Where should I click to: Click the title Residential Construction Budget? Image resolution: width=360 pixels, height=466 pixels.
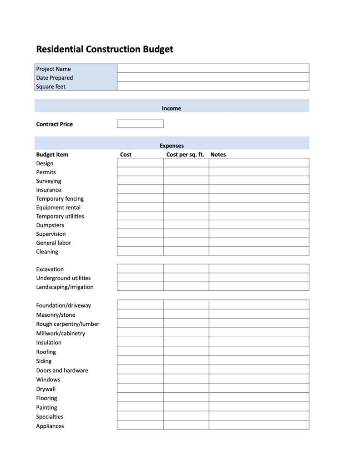104,49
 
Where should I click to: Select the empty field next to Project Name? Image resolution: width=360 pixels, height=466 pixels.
213,69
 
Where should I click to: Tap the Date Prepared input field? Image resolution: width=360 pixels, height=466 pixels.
213,77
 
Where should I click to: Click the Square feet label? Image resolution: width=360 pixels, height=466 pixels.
51,86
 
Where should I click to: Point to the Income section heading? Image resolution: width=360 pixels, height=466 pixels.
171,108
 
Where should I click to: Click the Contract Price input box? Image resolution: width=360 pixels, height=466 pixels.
140,124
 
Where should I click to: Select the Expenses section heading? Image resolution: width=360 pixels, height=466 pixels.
172,146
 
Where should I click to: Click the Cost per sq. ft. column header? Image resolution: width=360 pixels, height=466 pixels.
185,155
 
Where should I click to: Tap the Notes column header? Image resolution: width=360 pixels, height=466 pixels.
218,155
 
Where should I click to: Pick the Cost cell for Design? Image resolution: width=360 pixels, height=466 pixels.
140,163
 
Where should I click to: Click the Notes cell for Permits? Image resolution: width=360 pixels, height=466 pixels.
259,172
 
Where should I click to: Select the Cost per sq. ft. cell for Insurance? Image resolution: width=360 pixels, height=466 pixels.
186,190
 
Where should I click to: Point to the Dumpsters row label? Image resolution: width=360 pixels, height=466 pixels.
50,225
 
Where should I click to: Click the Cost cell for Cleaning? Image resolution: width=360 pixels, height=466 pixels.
140,251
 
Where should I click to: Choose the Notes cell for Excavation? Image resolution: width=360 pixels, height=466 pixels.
259,269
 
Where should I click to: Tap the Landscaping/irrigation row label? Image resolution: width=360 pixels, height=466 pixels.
65,287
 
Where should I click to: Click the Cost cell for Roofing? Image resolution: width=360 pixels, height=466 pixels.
140,351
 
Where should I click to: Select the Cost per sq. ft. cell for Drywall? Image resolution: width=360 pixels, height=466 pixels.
186,389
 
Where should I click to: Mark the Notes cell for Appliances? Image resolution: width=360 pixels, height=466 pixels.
259,425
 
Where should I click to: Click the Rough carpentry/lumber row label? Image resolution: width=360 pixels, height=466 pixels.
68,324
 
